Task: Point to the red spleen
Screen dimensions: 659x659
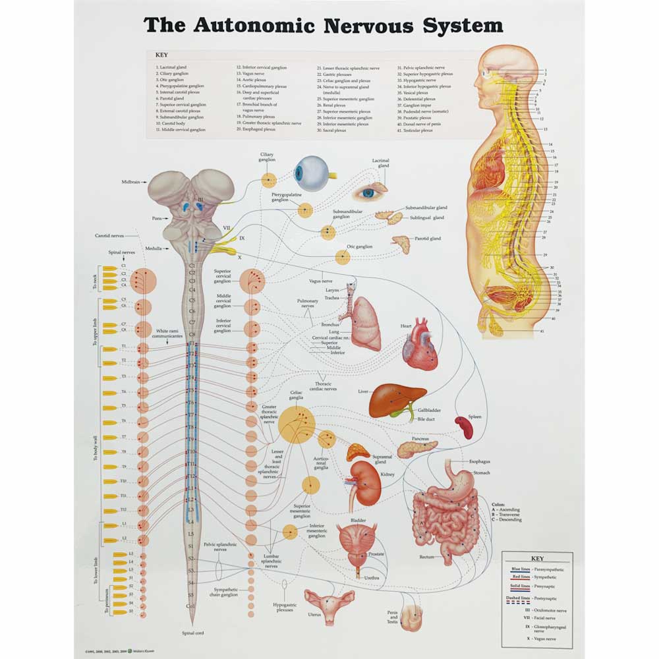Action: (x=465, y=427)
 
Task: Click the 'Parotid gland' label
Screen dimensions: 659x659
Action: (x=428, y=239)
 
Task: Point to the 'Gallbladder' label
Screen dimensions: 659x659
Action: (x=429, y=410)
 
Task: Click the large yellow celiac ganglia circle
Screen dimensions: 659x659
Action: (x=296, y=424)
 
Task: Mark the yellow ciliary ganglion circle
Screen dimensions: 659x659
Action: (x=268, y=179)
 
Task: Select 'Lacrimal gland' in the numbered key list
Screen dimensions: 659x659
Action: (x=173, y=67)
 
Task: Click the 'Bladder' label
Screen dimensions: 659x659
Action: (x=358, y=521)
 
